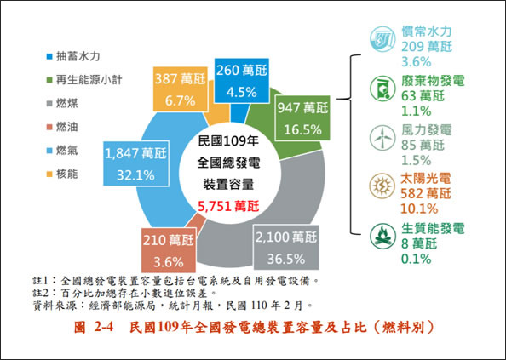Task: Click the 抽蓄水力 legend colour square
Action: pos(49,56)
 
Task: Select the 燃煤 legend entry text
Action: pos(66,104)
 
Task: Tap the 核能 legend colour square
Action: pos(49,174)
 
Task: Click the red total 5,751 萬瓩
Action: pos(228,206)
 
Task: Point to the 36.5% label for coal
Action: pos(286,259)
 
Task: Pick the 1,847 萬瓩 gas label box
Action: pos(135,164)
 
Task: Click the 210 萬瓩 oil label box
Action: pos(169,250)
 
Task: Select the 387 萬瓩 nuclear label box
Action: pos(180,89)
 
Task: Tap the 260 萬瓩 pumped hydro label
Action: pos(241,81)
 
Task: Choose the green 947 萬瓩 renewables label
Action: pos(302,118)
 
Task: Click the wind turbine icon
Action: pos(382,138)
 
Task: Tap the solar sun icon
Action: pos(382,186)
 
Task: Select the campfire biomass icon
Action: pos(382,237)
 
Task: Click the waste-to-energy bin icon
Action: pos(382,88)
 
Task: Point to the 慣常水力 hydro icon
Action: pos(382,39)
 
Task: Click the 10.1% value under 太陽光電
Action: pos(419,209)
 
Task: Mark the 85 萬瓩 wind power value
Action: pos(423,145)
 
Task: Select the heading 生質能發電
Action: pos(433,228)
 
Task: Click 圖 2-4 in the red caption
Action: pos(94,328)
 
